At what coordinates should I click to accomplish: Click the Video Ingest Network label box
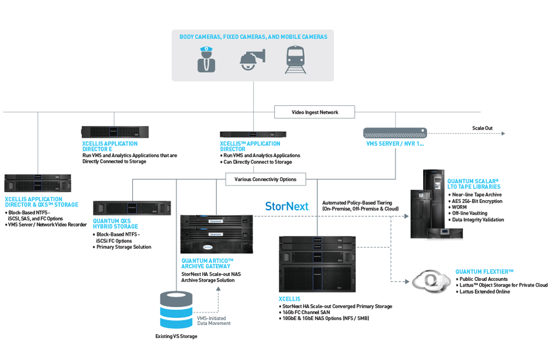[315, 113]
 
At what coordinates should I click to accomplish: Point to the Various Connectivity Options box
[265, 179]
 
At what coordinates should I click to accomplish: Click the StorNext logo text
[287, 206]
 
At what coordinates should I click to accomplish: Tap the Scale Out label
[482, 128]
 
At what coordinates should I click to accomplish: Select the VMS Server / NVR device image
[395, 133]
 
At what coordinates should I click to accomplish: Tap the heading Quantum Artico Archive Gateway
[208, 263]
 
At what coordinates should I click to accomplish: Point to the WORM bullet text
[460, 207]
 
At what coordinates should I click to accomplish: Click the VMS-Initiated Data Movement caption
[214, 320]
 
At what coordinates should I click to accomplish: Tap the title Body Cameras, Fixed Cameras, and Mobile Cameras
[253, 37]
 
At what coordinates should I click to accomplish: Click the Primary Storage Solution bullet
[124, 247]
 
